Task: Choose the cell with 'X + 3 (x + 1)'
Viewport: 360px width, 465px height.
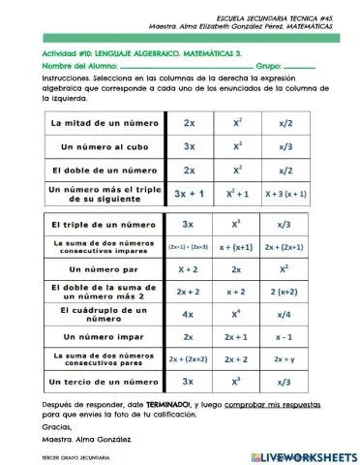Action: [285, 194]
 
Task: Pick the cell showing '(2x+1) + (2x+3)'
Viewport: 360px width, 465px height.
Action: [188, 247]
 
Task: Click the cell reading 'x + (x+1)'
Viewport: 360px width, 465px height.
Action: [237, 247]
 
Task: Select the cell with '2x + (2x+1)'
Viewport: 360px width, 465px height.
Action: [285, 247]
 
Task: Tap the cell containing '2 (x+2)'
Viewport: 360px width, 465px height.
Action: [285, 291]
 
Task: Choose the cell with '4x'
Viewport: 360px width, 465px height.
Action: [188, 314]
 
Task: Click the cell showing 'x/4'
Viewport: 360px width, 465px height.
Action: [285, 314]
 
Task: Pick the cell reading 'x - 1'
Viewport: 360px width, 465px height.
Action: [285, 336]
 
